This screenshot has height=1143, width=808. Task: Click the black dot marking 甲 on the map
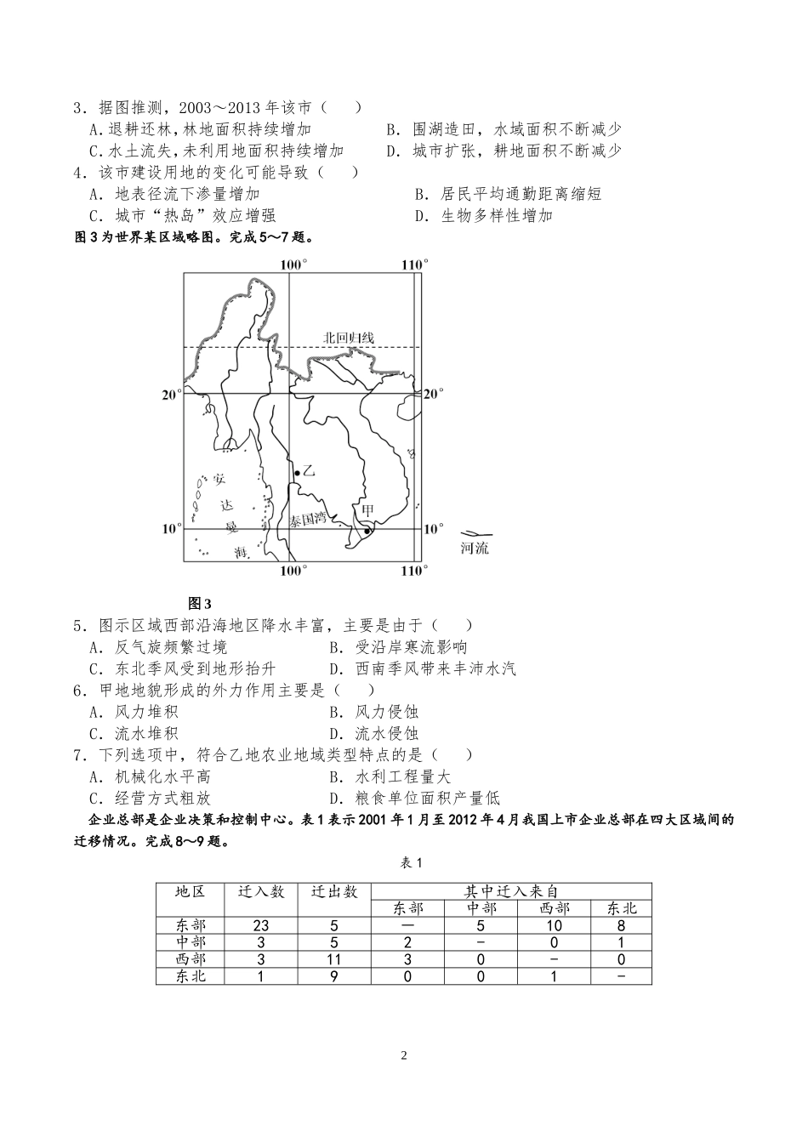pos(367,531)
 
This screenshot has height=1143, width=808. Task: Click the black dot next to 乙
pos(296,473)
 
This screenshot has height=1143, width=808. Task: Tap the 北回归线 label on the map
pos(348,338)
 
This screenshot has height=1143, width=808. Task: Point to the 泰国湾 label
pos(307,519)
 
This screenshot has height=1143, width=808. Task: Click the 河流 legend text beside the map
pos(475,549)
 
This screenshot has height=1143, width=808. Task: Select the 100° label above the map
pos(293,265)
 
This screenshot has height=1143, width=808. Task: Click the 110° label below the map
pos(413,570)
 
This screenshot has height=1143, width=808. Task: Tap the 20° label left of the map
pos(172,394)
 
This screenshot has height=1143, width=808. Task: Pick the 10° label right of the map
pos(433,529)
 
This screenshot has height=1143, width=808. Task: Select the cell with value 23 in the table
pos(261,925)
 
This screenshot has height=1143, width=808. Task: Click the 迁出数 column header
pos(334,891)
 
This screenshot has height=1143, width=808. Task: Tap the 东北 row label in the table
pos(191,976)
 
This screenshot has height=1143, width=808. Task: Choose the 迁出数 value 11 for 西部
pos(334,959)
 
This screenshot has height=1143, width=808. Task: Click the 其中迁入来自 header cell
pos(511,890)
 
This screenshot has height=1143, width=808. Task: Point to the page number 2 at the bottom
pos(404,1056)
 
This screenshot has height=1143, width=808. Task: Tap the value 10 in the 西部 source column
pos(554,925)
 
